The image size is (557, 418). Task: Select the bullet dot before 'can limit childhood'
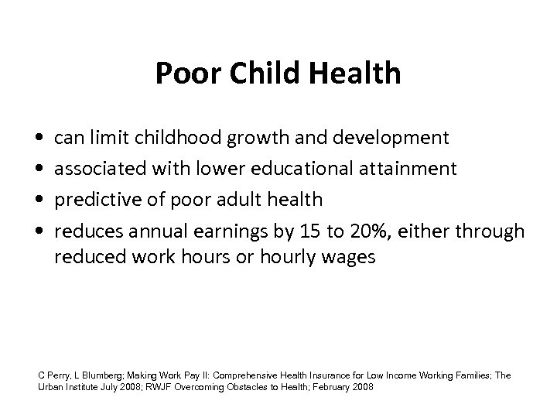[39, 139]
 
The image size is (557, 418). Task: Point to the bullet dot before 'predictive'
[39, 200]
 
